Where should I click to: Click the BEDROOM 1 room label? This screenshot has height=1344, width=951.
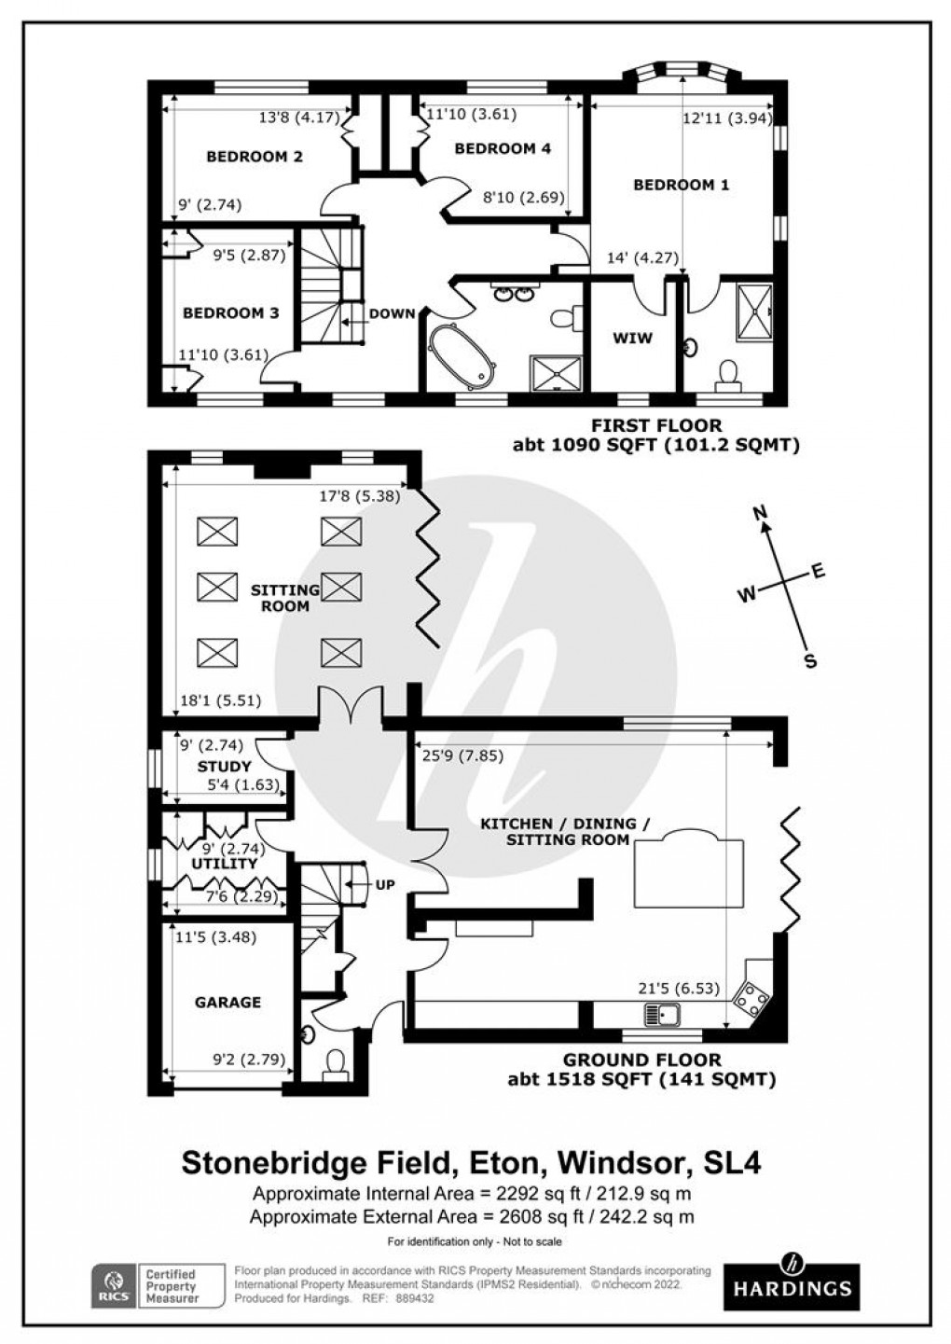point(681,185)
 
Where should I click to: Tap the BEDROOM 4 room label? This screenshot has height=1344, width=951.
point(503,148)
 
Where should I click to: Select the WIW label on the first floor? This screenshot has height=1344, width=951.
point(632,338)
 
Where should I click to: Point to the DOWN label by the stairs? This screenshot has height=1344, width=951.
point(392,313)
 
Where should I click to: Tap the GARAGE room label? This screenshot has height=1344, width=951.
point(227,1003)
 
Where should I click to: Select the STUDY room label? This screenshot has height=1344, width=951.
point(224,767)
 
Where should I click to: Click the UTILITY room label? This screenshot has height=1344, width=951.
point(224,864)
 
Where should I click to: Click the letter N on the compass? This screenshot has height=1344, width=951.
point(760,512)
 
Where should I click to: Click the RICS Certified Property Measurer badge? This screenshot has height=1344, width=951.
point(158,1285)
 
